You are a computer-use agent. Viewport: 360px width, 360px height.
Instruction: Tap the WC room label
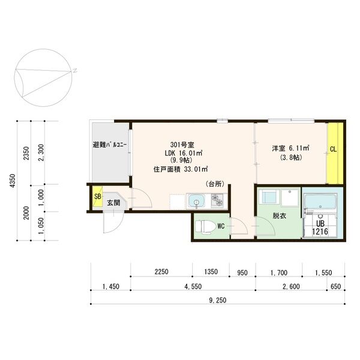pos(221,226)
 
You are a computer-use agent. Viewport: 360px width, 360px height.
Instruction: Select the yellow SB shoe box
pos(97,199)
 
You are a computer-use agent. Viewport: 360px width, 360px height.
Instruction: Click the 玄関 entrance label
pos(113,203)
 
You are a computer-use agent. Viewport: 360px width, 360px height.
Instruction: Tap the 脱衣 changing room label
pos(279,215)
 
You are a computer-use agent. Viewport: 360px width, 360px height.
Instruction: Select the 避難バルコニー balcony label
pos(110,146)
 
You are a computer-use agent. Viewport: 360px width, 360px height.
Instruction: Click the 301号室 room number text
pos(182,145)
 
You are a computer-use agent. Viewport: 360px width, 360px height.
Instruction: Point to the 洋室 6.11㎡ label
pos(290,148)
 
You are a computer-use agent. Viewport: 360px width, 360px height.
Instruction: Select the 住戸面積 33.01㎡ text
pos(181,169)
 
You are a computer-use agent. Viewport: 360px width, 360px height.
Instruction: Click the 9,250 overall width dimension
pos(218,300)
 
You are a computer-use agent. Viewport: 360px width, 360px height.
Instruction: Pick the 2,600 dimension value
pos(291,286)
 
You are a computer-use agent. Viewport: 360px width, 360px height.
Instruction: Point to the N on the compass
pos(76,70)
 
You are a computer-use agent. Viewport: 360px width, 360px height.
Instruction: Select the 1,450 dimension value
pos(112,286)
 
